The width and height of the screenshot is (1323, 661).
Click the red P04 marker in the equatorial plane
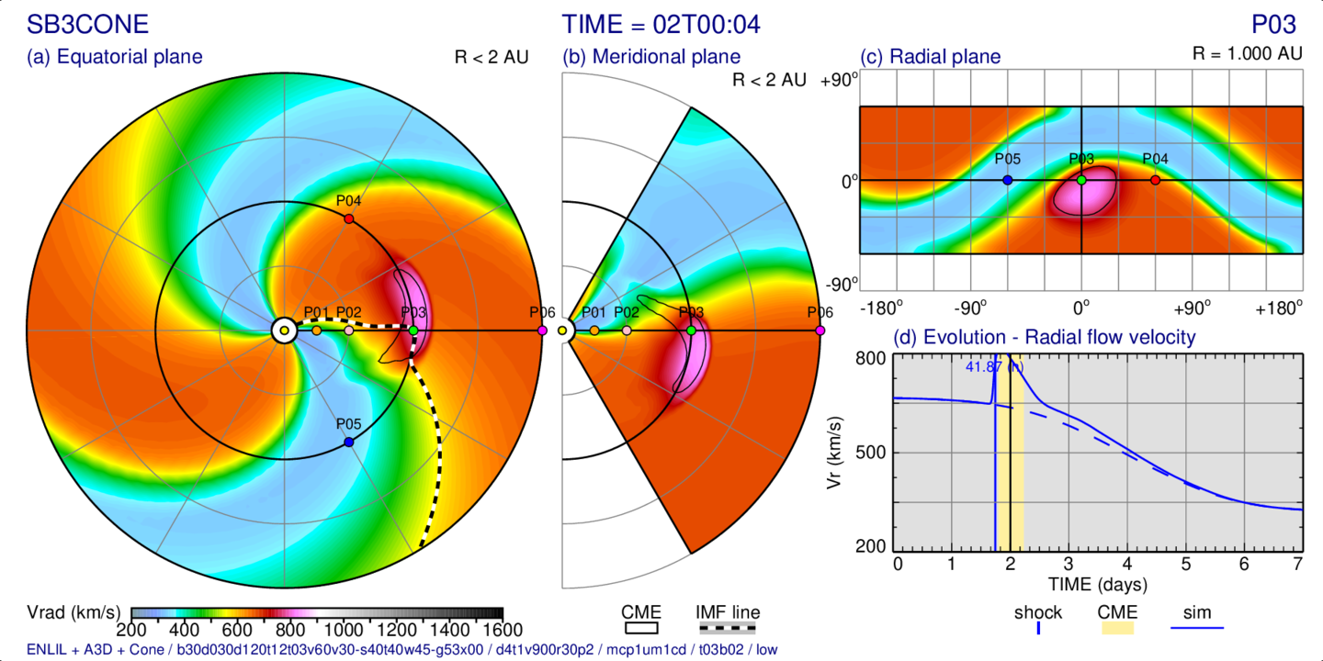click(x=348, y=218)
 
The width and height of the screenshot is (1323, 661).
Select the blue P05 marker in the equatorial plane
click(x=348, y=443)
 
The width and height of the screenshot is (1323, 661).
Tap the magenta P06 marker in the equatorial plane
click(x=542, y=330)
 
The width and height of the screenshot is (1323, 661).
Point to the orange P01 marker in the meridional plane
click(x=594, y=330)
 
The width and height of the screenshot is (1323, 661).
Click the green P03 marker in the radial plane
click(x=1081, y=180)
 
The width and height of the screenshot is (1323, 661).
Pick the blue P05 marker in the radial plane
click(x=1008, y=180)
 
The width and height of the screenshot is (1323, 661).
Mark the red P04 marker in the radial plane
click(x=1155, y=180)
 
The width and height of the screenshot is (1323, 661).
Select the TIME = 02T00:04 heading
click(x=661, y=24)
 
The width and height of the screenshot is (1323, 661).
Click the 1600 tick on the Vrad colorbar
click(x=502, y=630)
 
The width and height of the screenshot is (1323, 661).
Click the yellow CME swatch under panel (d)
click(x=1117, y=628)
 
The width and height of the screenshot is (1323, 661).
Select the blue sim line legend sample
click(x=1197, y=628)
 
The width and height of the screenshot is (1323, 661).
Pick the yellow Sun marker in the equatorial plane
click(x=284, y=330)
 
